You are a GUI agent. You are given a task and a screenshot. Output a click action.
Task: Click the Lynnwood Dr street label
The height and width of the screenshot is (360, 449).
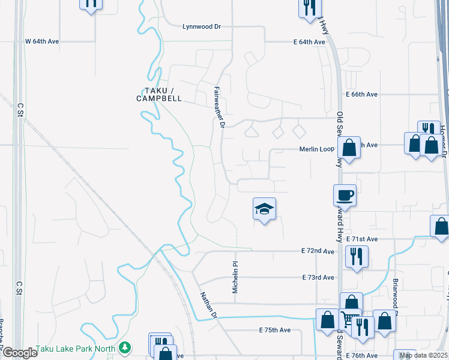click(202, 26)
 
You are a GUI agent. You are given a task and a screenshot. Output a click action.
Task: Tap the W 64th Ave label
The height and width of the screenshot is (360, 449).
click(42, 41)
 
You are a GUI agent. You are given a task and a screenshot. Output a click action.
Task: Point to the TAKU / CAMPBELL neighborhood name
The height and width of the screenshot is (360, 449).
click(158, 94)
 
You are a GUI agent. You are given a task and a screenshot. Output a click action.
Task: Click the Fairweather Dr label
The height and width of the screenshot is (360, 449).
click(220, 106)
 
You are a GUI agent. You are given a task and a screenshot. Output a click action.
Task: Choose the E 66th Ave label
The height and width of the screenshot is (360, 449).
click(361, 95)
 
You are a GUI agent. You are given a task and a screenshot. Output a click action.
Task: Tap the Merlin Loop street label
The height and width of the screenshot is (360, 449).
click(316, 149)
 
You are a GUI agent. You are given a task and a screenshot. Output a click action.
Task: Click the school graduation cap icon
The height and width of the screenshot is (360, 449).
click(264, 209)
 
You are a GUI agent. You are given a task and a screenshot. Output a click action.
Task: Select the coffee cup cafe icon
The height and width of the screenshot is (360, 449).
click(345, 195)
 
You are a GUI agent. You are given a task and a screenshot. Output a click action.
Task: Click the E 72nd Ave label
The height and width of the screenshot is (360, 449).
click(318, 251)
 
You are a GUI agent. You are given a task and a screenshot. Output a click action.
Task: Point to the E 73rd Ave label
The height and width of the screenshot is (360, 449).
click(318, 278)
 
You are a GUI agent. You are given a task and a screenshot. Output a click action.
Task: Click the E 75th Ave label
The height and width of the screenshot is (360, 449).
click(275, 330)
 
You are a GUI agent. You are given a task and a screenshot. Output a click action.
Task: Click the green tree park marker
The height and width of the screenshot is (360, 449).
click(124, 347)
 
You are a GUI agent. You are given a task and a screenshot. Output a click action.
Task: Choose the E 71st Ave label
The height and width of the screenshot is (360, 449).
click(362, 239)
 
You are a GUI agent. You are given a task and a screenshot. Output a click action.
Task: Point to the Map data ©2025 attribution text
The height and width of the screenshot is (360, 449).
click(424, 355)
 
